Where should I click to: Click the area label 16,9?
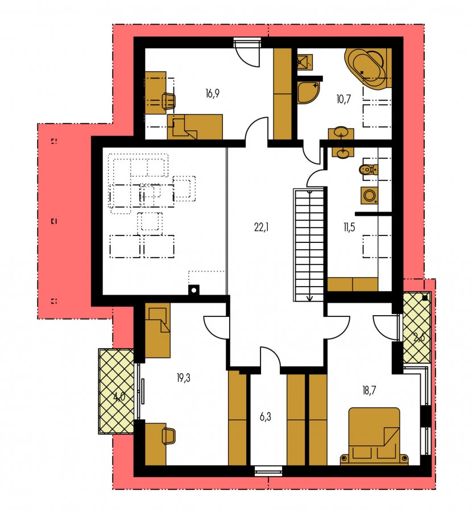pyautogui.click(x=213, y=94)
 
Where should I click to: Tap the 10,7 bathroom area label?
pyautogui.click(x=343, y=98)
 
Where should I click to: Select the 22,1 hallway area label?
pyautogui.click(x=261, y=227)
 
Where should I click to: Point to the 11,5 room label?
pyautogui.click(x=349, y=227)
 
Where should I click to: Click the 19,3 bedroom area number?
pyautogui.click(x=184, y=378)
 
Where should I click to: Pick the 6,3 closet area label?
pyautogui.click(x=266, y=417)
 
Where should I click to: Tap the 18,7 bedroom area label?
pyautogui.click(x=369, y=390)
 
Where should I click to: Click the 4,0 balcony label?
pyautogui.click(x=119, y=398)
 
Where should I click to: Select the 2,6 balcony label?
pyautogui.click(x=419, y=337)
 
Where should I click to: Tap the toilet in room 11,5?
pyautogui.click(x=369, y=169)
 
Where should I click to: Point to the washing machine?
pyautogui.click(x=370, y=195)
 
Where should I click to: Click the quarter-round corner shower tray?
pyautogui.click(x=308, y=92)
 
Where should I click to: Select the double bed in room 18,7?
pyautogui.click(x=374, y=436)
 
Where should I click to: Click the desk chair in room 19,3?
pyautogui.click(x=168, y=436)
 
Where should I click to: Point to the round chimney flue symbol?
pyautogui.click(x=193, y=290)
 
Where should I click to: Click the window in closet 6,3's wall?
pyautogui.click(x=268, y=471)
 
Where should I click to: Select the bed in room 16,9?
pyautogui.click(x=195, y=127)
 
